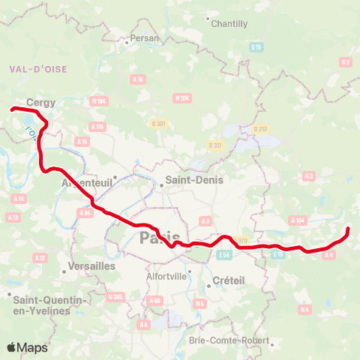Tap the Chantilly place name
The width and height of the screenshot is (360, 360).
pyautogui.click(x=229, y=24)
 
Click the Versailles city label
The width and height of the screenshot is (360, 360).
pyautogui.click(x=90, y=265)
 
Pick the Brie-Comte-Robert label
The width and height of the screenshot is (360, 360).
pyautogui.click(x=230, y=341)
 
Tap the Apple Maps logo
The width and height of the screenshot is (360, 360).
pyautogui.click(x=27, y=347)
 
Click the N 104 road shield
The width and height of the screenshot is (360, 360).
pyautogui.click(x=181, y=97)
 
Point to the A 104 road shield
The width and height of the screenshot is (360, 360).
pyautogui.click(x=298, y=220)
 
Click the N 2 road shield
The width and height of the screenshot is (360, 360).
pyautogui.click(x=346, y=62)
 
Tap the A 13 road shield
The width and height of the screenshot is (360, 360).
pyautogui.click(x=12, y=217)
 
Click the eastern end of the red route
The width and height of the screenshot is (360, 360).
pyautogui.click(x=348, y=228)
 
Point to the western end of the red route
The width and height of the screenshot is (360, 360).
pyautogui.click(x=12, y=110)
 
